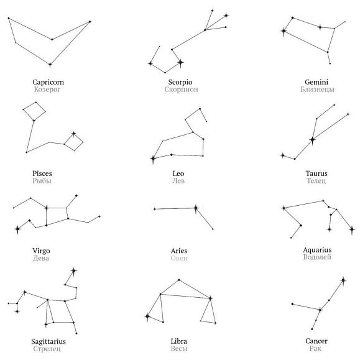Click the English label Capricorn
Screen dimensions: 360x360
[x=48, y=82]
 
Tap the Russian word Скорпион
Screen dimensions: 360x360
[x=181, y=90]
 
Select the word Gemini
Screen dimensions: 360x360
[x=316, y=82]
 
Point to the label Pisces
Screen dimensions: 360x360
[x=42, y=173]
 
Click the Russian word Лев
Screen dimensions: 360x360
[x=178, y=181]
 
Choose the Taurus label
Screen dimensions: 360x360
[x=316, y=173]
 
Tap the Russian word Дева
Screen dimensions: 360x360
[x=41, y=258]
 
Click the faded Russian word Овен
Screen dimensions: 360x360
[x=179, y=258]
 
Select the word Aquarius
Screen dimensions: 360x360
[x=317, y=250]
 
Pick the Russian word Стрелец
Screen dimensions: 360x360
[x=47, y=349]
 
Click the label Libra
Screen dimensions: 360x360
[x=179, y=341]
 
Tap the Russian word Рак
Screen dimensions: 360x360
[x=315, y=348]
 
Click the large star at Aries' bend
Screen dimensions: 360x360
[x=196, y=208]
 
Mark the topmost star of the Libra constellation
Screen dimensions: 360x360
[x=179, y=280]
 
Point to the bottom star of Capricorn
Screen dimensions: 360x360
[x=50, y=65]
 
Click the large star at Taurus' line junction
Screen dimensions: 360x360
[x=312, y=139]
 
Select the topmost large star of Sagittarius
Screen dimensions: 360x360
[x=74, y=271]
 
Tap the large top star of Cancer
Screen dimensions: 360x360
[x=343, y=280]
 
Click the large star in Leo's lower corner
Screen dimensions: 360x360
[x=153, y=159]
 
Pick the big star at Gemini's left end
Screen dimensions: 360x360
[x=284, y=31]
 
